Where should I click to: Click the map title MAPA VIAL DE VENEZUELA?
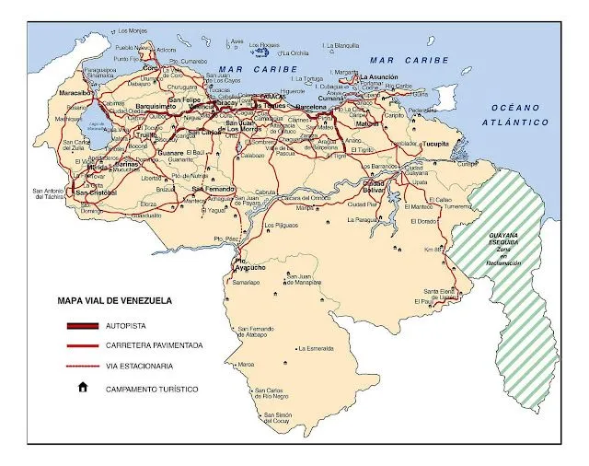[114, 300]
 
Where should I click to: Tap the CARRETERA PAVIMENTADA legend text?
[155, 346]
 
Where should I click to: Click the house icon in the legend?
[83, 388]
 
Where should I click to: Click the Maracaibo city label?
[75, 93]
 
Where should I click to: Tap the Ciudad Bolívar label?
[373, 187]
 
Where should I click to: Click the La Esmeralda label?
[315, 349]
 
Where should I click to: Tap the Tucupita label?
[435, 145]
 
